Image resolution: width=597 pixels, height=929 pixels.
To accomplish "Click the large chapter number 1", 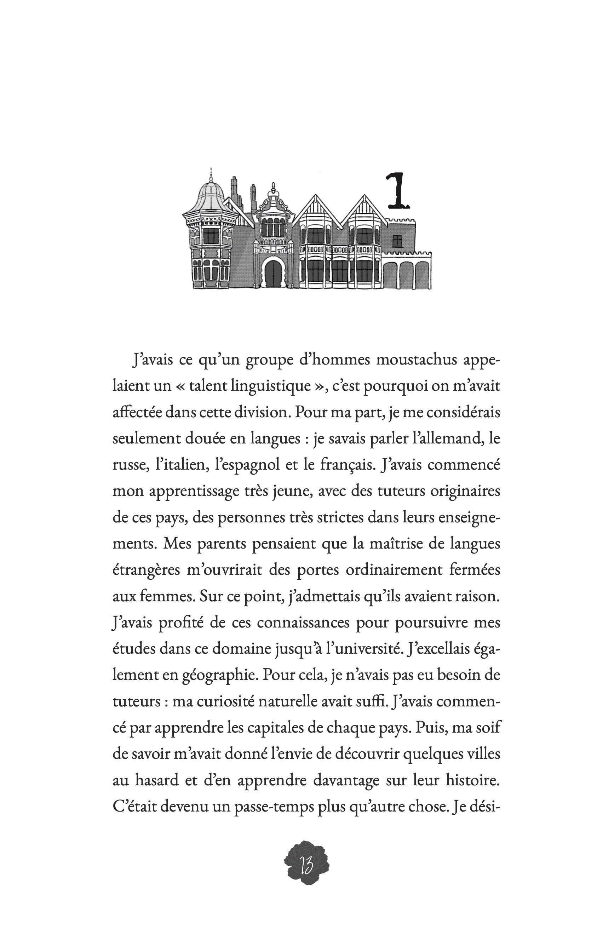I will coord(397,191).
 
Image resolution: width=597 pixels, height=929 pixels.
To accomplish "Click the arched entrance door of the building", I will coord(273,273).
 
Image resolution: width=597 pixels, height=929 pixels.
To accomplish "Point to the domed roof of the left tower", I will coord(211,196).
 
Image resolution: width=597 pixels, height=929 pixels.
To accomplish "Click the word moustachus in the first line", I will coord(417,360).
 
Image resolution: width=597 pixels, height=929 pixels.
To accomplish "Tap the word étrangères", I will coord(146,570).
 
